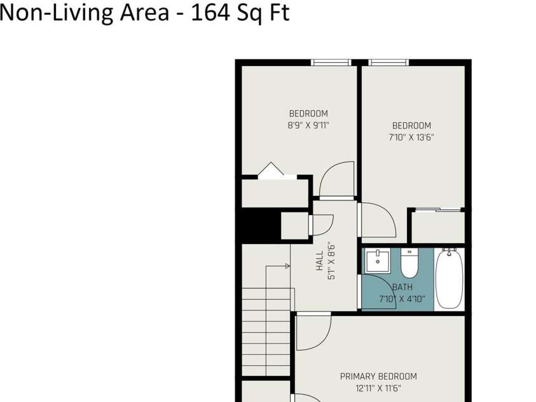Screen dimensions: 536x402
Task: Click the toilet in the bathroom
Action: click(x=409, y=263)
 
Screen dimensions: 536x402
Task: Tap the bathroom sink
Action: click(x=378, y=261)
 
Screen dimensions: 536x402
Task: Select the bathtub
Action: click(x=450, y=279)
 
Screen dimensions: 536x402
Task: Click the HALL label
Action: click(x=320, y=261)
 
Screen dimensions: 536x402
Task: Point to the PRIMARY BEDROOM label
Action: click(x=378, y=377)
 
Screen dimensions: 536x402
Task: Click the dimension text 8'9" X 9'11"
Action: click(x=308, y=125)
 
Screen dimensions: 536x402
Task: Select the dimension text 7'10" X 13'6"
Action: click(x=411, y=137)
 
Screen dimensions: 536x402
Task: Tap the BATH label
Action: click(x=402, y=287)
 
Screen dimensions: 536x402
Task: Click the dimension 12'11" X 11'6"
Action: click(x=378, y=389)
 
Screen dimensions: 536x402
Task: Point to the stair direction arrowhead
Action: click(x=288, y=266)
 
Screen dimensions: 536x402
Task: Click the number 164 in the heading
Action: click(x=209, y=12)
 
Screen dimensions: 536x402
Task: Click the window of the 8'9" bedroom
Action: click(x=331, y=62)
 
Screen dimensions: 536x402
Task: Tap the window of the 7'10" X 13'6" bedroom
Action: click(x=388, y=62)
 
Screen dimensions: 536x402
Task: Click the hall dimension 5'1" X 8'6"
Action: click(x=331, y=261)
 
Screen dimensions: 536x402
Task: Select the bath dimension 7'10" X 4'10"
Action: click(x=402, y=299)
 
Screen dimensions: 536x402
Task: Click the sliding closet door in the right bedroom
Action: click(x=438, y=209)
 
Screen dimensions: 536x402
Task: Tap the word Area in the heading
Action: click(x=144, y=12)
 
